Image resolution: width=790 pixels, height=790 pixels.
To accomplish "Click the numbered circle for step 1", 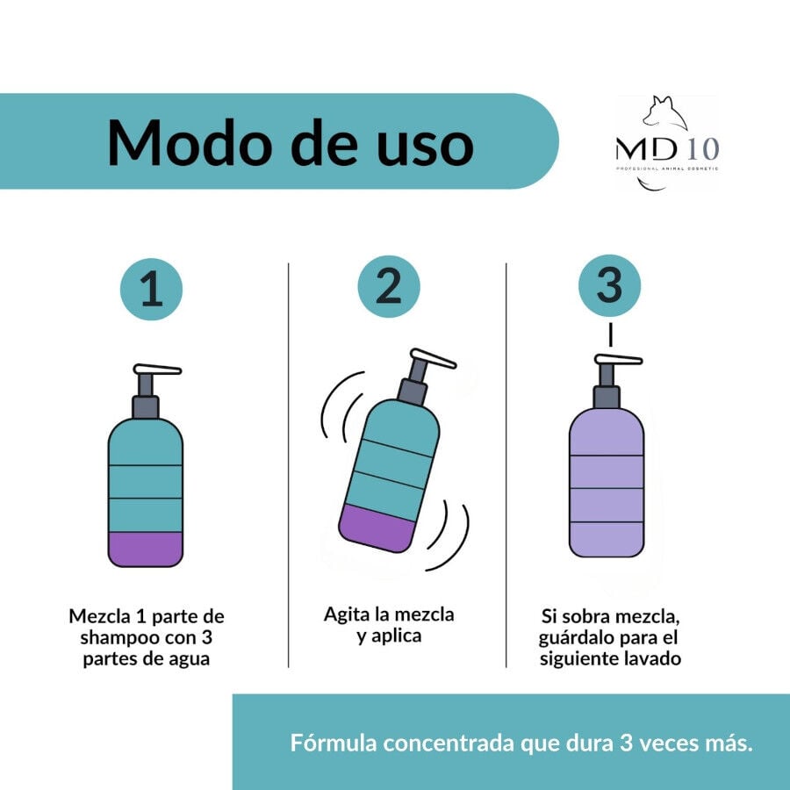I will point(151,289).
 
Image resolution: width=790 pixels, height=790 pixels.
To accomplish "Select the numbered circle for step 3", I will point(609,286).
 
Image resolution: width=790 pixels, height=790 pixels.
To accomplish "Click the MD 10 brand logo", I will point(667,145).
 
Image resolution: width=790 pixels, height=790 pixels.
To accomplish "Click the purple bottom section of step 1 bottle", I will point(146,549).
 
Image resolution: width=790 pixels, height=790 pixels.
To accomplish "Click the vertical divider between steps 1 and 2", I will point(289,465).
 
